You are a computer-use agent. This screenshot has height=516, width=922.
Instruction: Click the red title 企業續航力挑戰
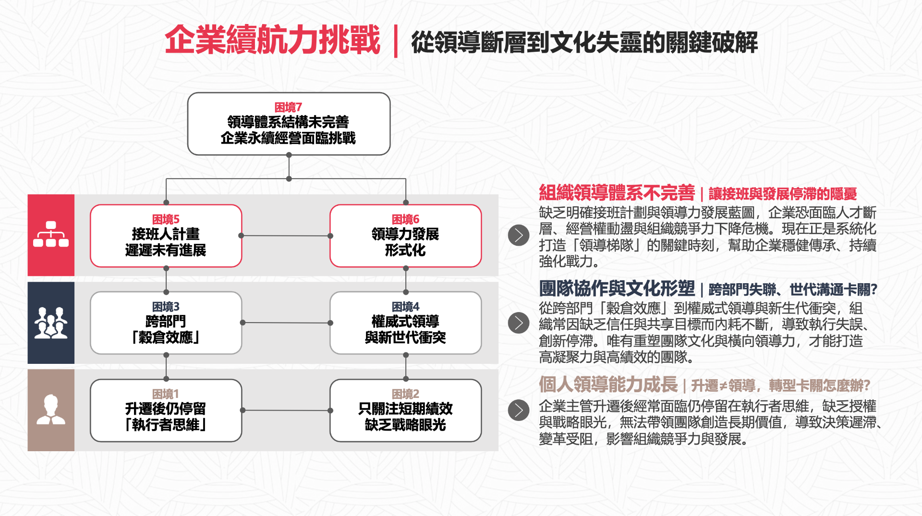(272, 40)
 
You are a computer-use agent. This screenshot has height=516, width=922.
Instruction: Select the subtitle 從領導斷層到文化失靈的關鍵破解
(584, 42)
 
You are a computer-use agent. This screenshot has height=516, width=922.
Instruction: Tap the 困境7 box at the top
(289, 124)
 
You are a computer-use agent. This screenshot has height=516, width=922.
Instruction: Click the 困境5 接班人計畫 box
(166, 236)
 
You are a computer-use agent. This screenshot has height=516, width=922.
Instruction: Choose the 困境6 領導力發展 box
(405, 236)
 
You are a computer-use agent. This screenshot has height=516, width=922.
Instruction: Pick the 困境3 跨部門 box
(166, 323)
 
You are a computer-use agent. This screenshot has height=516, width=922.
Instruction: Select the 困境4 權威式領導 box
(405, 323)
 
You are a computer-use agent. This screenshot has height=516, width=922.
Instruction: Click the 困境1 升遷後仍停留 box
(166, 410)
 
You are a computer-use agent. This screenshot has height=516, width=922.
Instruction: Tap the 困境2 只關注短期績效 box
(405, 410)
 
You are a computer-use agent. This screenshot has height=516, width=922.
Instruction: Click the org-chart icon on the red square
(51, 234)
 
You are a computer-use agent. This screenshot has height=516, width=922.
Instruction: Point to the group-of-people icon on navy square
(51, 323)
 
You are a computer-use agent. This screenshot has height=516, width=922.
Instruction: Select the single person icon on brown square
(51, 410)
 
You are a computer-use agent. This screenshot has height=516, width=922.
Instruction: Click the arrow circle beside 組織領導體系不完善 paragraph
(519, 235)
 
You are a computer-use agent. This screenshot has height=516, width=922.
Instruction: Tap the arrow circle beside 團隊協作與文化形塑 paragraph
(519, 323)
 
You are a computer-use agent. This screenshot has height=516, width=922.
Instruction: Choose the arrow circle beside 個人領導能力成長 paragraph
(519, 410)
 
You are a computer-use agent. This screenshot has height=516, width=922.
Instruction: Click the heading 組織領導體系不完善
(617, 193)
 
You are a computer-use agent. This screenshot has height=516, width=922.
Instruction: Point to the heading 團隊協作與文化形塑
(617, 288)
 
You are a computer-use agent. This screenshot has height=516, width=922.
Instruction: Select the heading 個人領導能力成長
(608, 384)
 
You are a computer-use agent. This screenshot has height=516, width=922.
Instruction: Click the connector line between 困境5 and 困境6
(286, 236)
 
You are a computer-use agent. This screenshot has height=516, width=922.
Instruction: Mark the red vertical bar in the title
(396, 41)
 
